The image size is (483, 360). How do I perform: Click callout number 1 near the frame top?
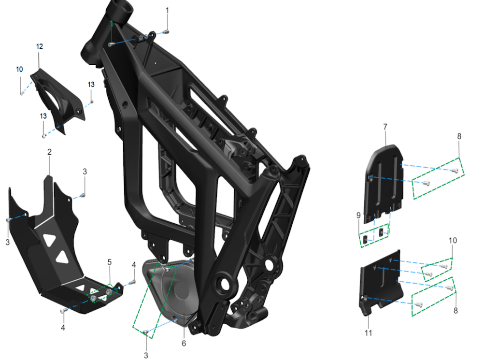167,11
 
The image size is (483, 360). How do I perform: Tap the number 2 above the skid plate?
49,152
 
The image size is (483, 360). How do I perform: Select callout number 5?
109,262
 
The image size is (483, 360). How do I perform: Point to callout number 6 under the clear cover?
184,344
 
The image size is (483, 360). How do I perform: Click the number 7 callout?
385,127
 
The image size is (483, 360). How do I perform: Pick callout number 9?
358,215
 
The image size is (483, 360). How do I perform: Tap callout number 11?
368,333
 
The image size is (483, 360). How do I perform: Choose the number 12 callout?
40,46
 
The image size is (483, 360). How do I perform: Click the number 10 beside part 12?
19,70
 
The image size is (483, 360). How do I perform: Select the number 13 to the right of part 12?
91,85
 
